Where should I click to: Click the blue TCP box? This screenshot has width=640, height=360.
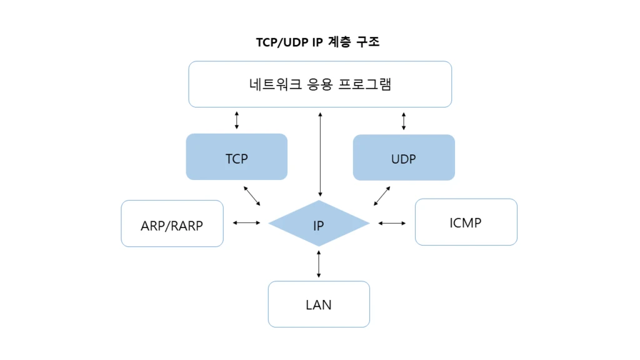237,157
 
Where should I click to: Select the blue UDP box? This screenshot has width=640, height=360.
404,157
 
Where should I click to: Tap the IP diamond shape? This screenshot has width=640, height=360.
319,224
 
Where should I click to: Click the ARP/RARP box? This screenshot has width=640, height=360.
172,224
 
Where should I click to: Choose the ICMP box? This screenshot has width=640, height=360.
466,222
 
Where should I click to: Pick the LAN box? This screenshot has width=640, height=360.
319,304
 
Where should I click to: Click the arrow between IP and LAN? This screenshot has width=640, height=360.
319,264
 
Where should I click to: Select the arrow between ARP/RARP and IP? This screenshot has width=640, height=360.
246,222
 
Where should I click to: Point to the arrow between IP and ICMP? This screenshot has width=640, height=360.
392,222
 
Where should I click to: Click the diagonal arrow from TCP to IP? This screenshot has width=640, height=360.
252,195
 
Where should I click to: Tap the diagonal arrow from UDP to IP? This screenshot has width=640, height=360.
382,195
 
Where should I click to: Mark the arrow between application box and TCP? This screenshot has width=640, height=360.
236,120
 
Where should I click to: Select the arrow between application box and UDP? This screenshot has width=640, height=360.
404,121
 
